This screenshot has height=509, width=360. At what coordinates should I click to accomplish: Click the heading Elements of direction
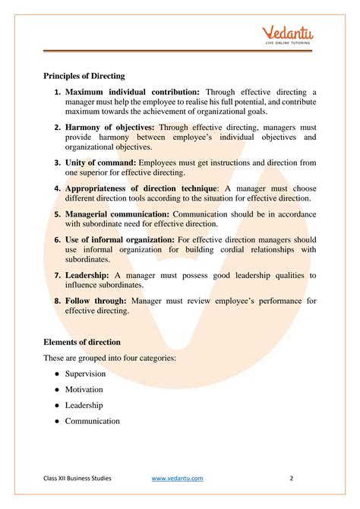(x=82, y=342)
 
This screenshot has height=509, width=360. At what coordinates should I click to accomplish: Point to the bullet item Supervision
(x=85, y=374)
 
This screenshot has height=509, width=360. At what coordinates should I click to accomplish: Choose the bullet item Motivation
(x=84, y=390)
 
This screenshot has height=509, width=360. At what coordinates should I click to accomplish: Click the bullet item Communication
(x=93, y=421)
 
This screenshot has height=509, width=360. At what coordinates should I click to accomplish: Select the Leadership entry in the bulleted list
(x=84, y=405)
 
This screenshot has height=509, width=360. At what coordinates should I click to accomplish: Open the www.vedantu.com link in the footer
(x=178, y=478)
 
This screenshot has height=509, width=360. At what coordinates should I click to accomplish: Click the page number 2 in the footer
(x=292, y=478)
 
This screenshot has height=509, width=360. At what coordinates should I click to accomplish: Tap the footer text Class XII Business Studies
(x=77, y=478)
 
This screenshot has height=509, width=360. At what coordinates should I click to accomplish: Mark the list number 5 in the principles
(x=58, y=213)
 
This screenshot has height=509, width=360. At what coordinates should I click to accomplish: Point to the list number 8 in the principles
(x=58, y=300)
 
